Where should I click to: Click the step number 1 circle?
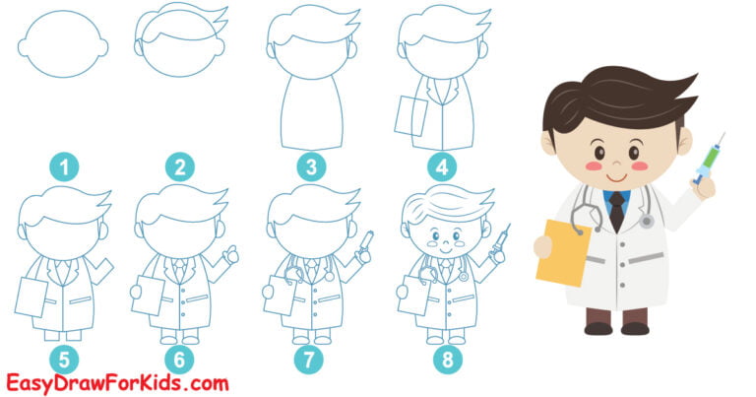(64, 167)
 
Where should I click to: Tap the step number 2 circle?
(179, 167)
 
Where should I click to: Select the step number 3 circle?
(312, 167)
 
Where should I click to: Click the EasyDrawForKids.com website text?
(117, 382)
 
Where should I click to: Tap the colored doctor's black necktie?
(616, 211)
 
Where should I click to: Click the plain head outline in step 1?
(64, 44)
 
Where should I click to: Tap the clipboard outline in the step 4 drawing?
(409, 116)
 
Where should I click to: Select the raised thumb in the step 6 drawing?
(232, 254)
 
